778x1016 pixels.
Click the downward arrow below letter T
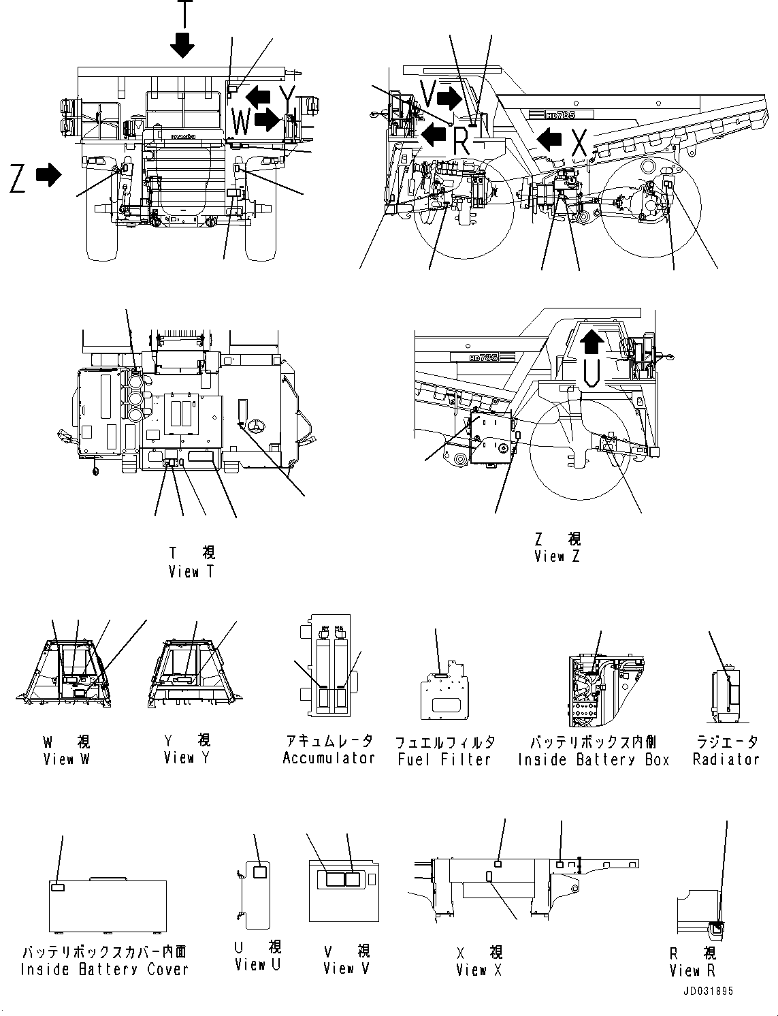[182, 45]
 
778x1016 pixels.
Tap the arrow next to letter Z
[48, 176]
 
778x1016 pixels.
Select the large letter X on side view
[579, 143]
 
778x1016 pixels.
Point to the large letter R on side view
[461, 142]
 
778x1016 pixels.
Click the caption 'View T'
[191, 572]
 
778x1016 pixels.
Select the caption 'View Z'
[557, 556]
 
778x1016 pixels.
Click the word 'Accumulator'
[329, 758]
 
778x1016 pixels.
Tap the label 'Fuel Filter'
[444, 759]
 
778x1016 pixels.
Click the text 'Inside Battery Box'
[594, 759]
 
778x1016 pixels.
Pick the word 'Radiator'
[726, 759]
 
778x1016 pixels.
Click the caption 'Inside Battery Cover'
[104, 969]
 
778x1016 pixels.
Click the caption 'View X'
[479, 970]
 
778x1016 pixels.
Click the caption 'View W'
[66, 759]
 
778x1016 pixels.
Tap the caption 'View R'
[692, 970]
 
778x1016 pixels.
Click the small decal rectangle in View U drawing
[259, 872]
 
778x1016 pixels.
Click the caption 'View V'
[346, 968]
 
